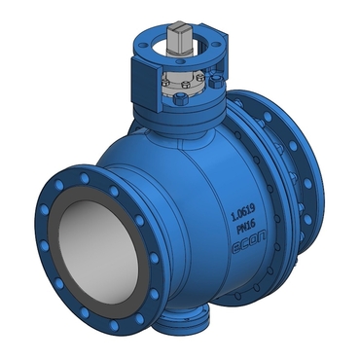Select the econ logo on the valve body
(x=249, y=241)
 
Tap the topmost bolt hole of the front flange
(x=85, y=178)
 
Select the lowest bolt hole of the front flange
(x=114, y=325)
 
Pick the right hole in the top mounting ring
(x=214, y=45)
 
